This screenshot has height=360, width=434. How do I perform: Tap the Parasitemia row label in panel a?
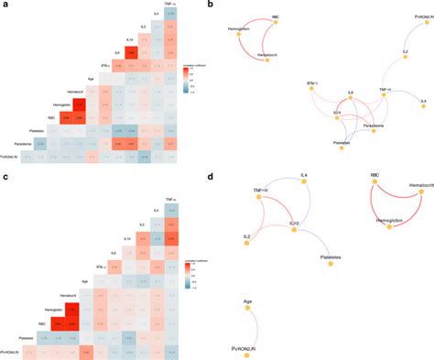[x=25, y=144]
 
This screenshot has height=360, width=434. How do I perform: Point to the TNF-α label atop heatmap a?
[x=170, y=5]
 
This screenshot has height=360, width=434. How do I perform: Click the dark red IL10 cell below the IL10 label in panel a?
[x=133, y=54]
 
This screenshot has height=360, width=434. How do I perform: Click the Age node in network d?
[x=247, y=308]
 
